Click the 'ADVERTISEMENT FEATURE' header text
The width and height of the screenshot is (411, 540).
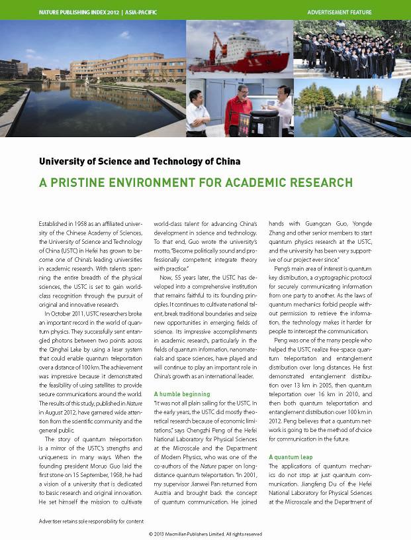(340, 12)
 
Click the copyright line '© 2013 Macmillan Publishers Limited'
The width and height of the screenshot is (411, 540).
(205, 533)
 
